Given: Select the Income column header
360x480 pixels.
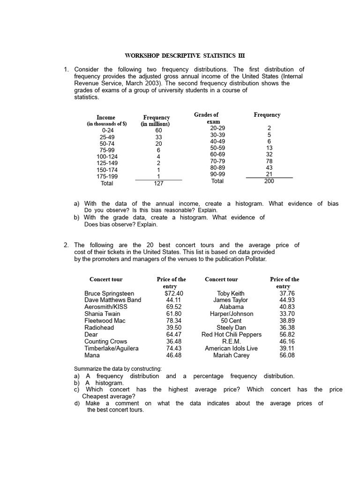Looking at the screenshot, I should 106,118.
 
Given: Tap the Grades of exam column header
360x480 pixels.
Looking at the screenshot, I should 206,115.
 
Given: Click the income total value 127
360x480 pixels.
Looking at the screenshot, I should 158,184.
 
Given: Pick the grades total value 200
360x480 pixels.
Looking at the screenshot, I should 269,181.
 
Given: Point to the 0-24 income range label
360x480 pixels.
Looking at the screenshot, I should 107,130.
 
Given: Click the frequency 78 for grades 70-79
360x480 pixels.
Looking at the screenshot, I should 269,161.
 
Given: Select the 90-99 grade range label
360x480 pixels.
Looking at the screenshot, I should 217,174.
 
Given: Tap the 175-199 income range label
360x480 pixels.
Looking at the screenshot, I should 107,177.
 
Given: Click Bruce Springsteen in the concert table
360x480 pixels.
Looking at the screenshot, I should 109,293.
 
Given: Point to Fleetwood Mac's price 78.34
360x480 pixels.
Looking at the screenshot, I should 173,321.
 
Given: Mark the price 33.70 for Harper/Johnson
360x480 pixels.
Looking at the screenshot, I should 287,314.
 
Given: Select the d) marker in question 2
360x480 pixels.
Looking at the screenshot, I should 77,404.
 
